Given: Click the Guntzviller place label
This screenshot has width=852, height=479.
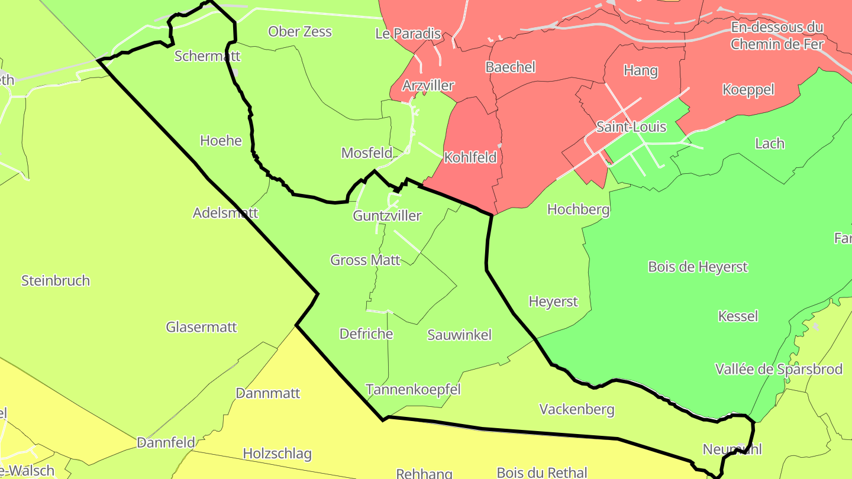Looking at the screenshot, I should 387,216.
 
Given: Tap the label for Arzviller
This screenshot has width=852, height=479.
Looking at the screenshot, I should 428,86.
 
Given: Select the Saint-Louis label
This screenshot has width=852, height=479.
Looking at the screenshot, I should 631,127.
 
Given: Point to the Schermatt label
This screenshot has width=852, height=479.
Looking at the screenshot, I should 207,56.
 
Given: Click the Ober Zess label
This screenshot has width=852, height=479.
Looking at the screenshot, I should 300,32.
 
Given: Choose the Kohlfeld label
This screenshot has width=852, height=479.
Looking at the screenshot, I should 470,158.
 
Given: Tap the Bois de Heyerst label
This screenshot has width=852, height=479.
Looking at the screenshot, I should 698,267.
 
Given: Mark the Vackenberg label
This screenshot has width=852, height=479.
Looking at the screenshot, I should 577,409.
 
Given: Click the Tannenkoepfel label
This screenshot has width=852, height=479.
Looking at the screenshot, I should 413,390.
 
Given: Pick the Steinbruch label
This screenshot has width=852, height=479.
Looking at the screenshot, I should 56,281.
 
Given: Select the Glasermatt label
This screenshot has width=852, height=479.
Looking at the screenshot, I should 201,327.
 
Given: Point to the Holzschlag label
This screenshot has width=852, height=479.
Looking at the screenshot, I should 277,454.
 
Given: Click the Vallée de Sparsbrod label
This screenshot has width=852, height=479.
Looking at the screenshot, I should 779,370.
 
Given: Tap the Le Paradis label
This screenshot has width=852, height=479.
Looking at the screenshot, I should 408,34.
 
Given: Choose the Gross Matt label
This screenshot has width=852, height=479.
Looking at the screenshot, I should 365,260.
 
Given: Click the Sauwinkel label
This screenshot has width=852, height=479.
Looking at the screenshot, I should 459,335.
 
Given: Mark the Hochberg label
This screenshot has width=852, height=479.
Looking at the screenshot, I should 578,209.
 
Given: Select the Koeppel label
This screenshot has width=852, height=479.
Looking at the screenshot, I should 748,90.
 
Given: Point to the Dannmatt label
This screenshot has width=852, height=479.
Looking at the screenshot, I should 267,393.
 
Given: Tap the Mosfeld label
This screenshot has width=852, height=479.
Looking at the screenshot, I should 367,153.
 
